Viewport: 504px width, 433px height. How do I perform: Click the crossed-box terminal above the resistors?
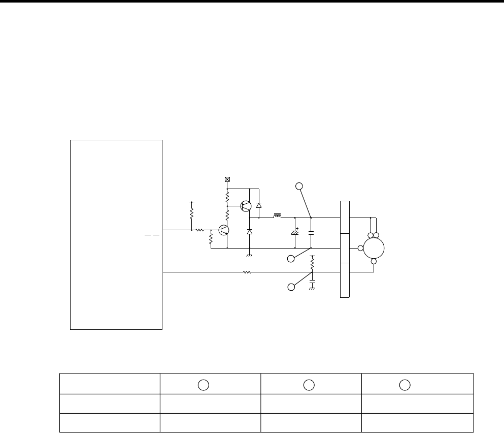227,179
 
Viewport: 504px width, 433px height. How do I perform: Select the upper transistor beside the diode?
246,206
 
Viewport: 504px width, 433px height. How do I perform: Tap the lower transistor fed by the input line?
224,230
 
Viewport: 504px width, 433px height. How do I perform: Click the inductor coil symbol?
278,216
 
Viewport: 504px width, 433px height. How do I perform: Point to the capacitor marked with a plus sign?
295,233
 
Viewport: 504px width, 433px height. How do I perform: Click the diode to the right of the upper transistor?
259,205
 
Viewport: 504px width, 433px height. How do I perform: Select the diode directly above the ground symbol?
249,232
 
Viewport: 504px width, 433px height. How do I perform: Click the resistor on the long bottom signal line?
247,272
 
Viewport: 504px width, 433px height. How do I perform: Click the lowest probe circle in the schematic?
291,288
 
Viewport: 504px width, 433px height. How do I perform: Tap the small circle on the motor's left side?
360,248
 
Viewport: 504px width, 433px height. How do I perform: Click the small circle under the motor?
374,262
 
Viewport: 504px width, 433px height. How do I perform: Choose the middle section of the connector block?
345,249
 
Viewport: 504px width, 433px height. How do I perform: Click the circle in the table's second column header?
203,384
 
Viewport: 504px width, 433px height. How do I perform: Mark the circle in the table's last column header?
404,384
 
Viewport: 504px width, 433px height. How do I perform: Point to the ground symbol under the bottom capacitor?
312,289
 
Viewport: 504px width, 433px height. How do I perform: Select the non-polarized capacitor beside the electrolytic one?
311,233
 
